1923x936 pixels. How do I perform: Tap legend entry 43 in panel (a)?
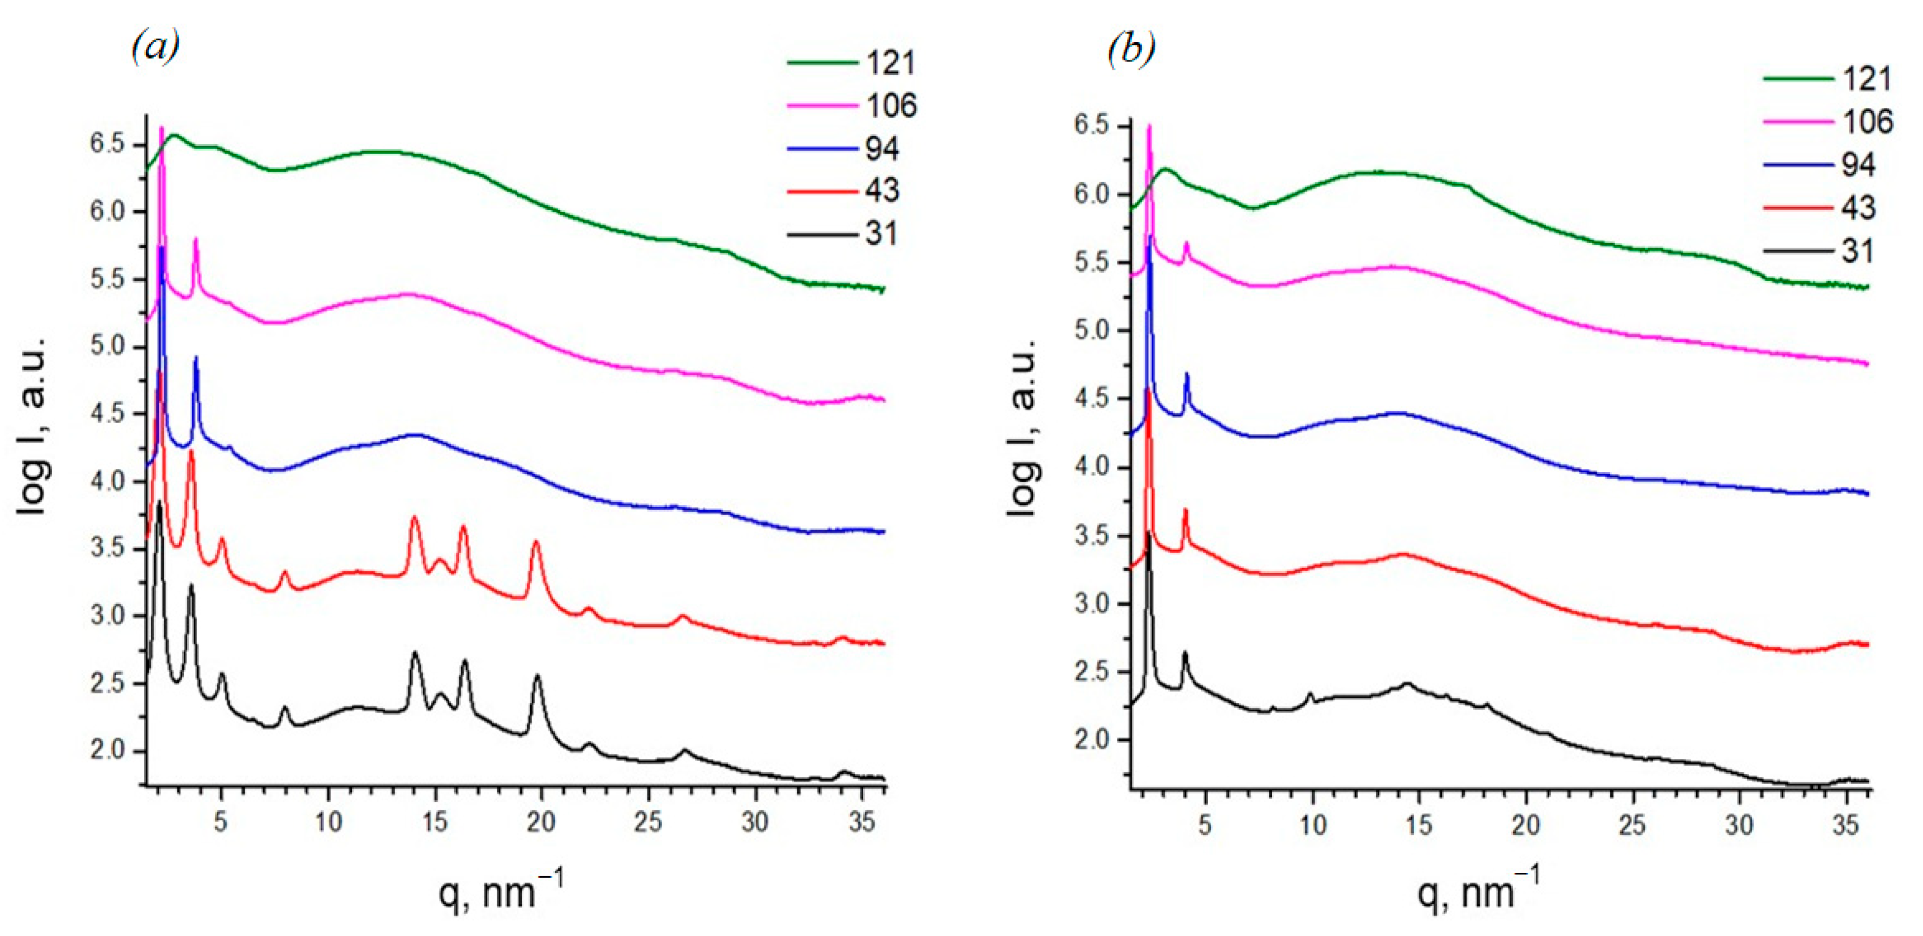[x=882, y=191]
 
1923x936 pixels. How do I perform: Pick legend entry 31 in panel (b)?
[x=1857, y=251]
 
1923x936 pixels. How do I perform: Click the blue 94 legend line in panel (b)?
[x=1798, y=164]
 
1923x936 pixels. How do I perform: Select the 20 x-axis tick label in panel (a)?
[x=541, y=822]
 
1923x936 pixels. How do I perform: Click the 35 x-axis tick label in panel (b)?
[x=1845, y=825]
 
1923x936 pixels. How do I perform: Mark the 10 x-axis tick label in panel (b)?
[x=1312, y=825]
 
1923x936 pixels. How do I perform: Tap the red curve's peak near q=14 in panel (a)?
[x=415, y=517]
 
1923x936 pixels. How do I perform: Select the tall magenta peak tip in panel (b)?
[x=1149, y=126]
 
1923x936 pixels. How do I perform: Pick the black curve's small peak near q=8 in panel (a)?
[x=284, y=707]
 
